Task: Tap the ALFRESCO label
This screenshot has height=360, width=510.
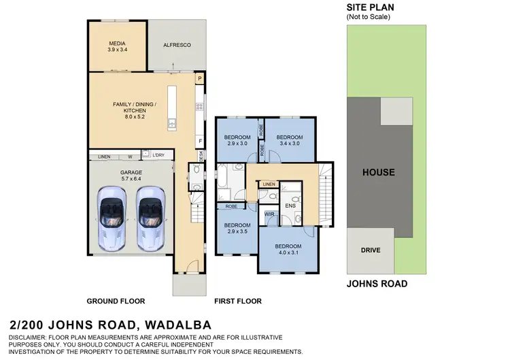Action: click(176, 45)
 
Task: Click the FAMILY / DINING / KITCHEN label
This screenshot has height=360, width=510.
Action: click(135, 110)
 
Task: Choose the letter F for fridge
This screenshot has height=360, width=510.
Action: click(200, 142)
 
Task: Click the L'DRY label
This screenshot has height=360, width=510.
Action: click(158, 156)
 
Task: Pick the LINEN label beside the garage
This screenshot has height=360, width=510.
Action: click(104, 157)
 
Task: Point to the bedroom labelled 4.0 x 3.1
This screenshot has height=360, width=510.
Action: click(288, 249)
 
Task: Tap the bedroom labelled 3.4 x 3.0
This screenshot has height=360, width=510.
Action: click(288, 141)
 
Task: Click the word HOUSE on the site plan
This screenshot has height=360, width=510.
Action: click(378, 172)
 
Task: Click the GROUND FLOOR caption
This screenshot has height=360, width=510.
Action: click(116, 301)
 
